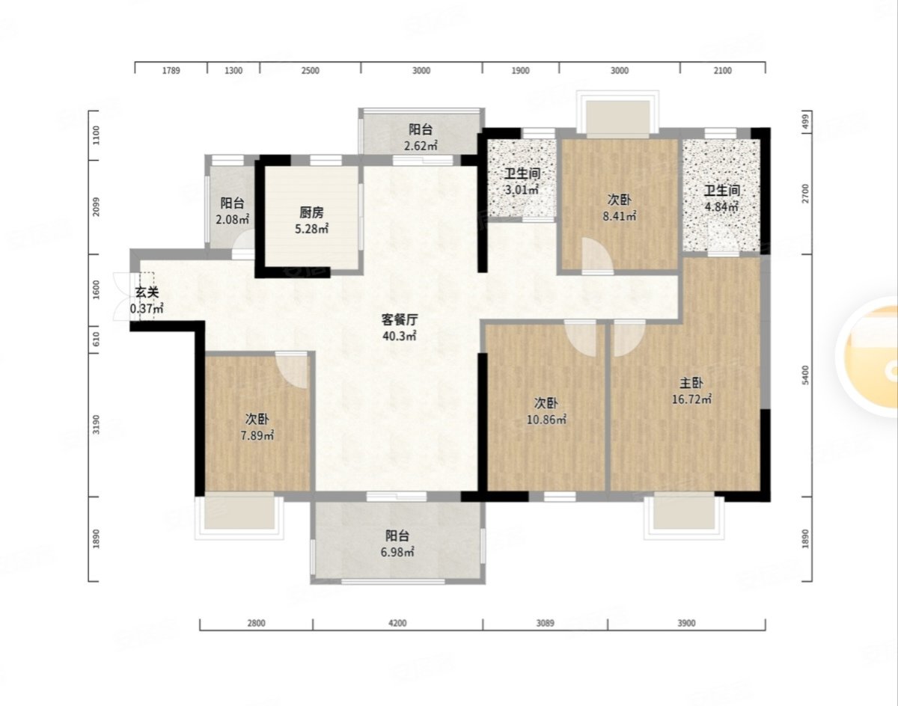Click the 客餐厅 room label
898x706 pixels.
pos(400,320)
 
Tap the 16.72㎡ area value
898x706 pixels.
pos(691,399)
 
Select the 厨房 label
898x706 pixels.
pos(311,212)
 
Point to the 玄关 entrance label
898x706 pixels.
pos(147,292)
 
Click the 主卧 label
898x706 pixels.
pos(691,382)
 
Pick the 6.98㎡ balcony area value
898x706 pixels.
pos(397,552)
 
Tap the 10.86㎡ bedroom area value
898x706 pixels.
pos(546,420)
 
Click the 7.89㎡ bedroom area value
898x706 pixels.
pos(257,436)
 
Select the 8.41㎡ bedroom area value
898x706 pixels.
pos(620,216)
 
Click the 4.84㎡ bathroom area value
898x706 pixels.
pos(722,207)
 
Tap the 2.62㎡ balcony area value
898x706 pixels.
pos(421,146)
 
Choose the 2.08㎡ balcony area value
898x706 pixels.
pos(233,219)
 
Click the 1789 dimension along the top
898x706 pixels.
pos(171,70)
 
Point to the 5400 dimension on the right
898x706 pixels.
pos(806,375)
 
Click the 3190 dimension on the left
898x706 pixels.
pos(97,424)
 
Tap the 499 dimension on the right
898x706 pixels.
pos(806,122)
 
